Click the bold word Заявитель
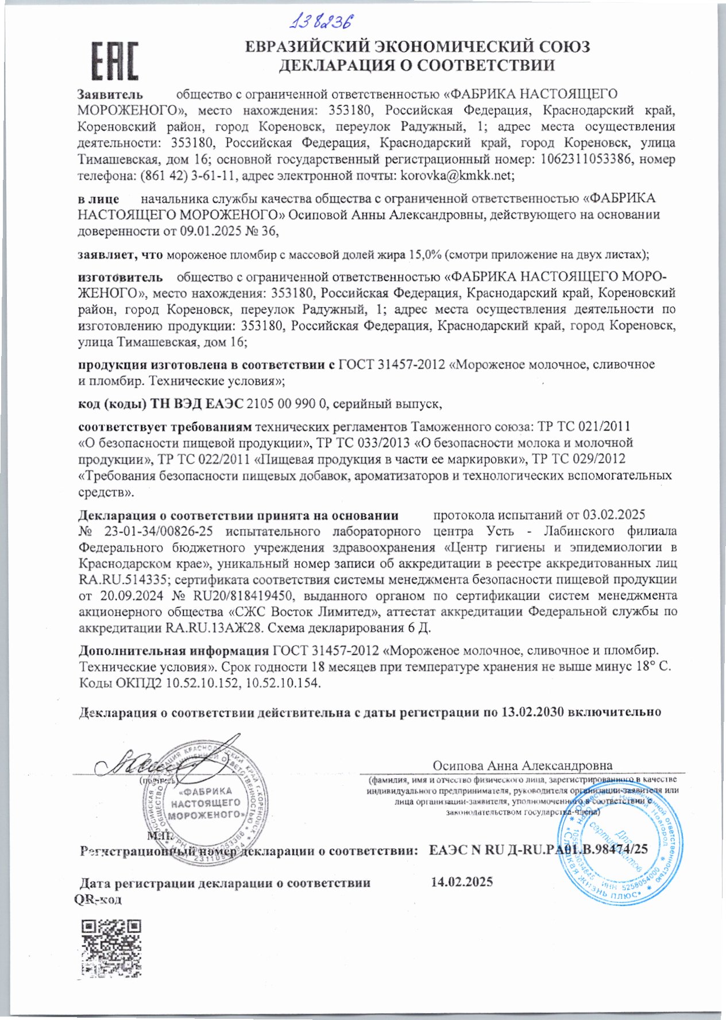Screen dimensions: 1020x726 pos(110,94)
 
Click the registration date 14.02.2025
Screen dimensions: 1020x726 pos(462,882)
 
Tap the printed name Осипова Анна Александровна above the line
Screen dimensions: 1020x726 pos(522,766)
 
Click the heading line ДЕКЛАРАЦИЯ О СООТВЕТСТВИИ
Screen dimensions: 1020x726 pos(417,65)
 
